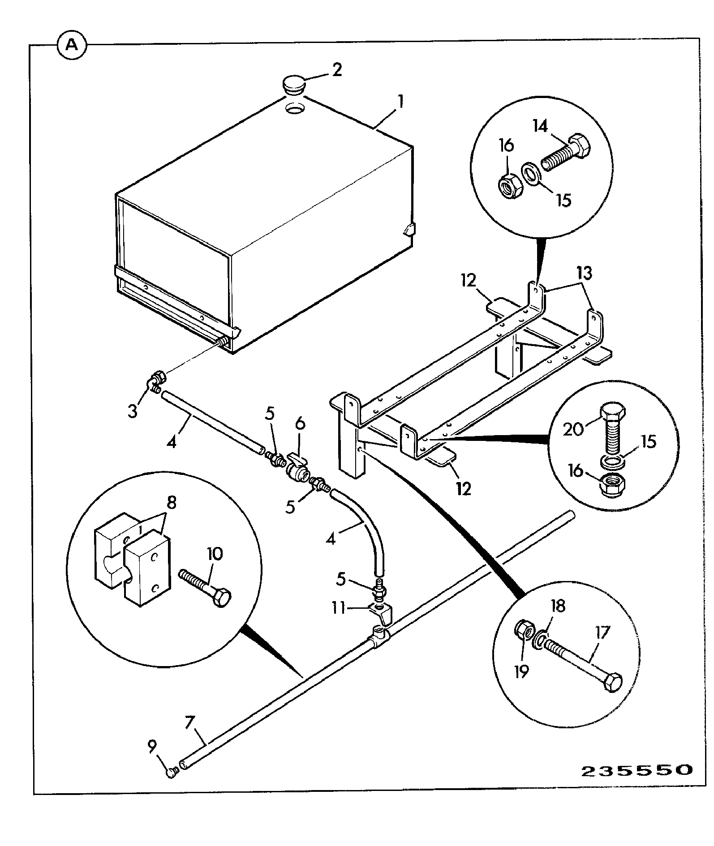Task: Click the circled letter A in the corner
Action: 72,45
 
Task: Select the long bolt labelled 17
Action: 581,667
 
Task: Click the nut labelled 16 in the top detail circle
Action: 511,184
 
